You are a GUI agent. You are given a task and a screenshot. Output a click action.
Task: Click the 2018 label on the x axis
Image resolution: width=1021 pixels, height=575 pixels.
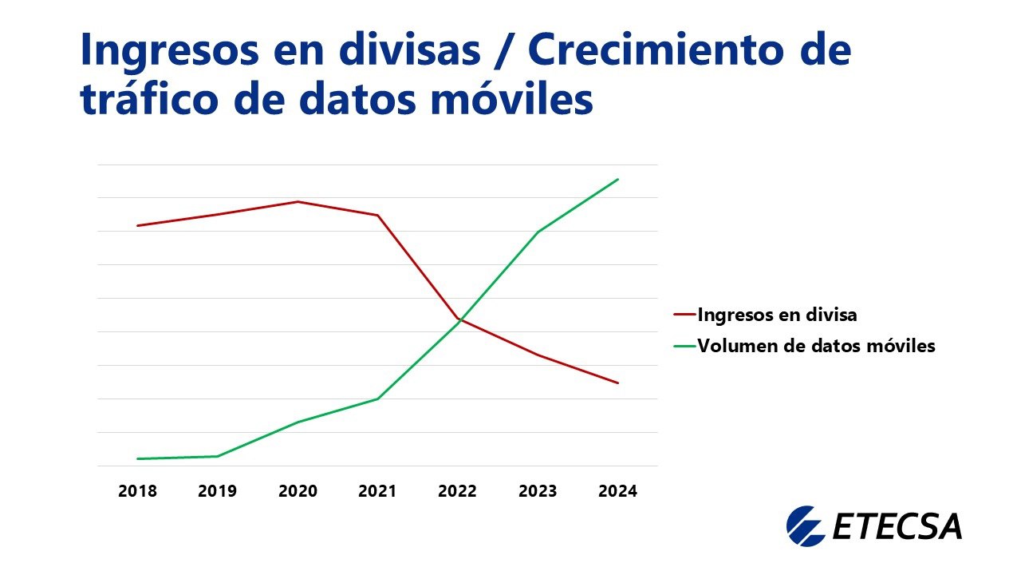137,491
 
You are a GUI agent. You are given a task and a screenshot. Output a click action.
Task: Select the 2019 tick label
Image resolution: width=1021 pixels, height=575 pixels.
218,491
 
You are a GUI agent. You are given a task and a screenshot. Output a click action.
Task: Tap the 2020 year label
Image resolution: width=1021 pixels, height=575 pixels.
298,491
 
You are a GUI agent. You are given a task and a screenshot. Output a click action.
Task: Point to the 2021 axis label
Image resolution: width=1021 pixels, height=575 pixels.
377,491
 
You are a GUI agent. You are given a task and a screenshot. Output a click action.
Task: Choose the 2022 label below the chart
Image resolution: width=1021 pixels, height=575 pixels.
457,491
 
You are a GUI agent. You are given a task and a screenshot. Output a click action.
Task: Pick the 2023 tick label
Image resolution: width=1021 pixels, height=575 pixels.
538,491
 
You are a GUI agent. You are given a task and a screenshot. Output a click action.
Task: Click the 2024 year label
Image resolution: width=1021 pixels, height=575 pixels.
617,491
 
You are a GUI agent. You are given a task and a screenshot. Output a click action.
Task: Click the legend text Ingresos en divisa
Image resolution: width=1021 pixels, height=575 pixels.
777,315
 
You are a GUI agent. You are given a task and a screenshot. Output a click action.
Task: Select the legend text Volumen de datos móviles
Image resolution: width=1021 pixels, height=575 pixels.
816,347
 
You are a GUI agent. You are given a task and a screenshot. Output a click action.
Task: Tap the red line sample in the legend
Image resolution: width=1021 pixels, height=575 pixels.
684,315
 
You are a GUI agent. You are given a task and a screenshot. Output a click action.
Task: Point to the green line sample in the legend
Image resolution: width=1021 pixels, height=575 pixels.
684,347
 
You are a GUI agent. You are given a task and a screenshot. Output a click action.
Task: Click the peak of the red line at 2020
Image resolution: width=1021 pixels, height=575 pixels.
298,201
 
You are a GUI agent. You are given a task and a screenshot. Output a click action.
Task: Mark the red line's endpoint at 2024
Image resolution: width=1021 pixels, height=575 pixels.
618,383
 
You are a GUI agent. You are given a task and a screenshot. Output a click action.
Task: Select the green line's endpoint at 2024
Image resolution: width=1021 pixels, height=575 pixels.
618,179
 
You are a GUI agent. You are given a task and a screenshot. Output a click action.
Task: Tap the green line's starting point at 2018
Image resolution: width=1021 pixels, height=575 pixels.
137,458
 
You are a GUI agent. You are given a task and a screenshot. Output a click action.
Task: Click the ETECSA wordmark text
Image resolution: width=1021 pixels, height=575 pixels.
897,527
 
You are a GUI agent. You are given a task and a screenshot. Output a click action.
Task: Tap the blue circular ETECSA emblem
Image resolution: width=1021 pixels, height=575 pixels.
805,525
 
